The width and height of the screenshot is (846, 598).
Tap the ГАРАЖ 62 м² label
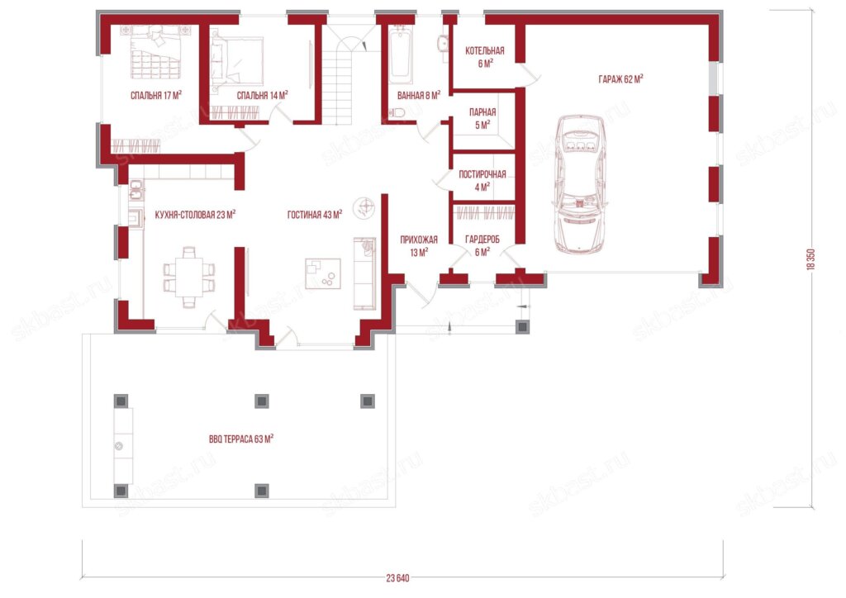coord(620,79)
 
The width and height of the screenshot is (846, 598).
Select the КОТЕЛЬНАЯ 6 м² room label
coord(484,57)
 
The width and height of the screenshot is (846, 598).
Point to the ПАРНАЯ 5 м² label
coord(482,119)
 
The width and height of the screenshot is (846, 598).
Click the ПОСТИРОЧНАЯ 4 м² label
coord(482,181)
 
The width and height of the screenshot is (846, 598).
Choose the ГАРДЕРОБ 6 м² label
coord(482,245)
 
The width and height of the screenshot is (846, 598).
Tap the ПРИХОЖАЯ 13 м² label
coord(419,246)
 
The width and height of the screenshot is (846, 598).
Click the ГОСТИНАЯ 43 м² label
coord(315,215)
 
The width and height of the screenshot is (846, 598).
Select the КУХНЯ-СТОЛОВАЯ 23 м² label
coord(195,215)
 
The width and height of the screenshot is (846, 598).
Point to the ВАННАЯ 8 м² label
coord(419,96)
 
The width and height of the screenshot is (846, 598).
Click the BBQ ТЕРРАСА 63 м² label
coord(241,439)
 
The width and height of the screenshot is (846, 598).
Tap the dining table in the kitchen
coord(189,278)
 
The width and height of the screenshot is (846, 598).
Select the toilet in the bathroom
coord(397,112)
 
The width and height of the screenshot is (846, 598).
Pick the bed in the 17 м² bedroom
coord(155,53)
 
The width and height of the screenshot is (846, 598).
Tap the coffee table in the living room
coord(323,274)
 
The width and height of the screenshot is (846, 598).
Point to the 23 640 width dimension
coord(397,578)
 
